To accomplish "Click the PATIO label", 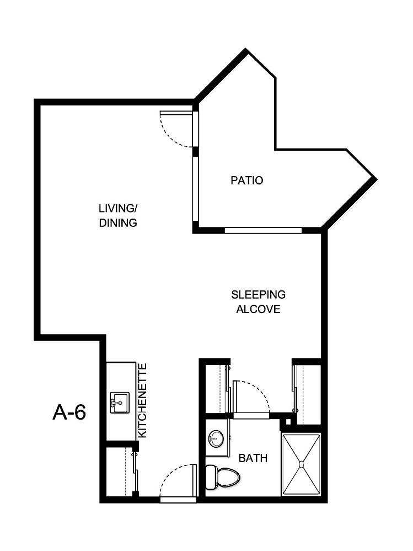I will pyautogui.click(x=246, y=181).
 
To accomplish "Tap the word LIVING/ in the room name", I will pyautogui.click(x=117, y=209).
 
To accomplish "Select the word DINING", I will pyautogui.click(x=117, y=223).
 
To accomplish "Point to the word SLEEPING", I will pyautogui.click(x=258, y=294).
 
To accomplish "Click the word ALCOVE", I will pyautogui.click(x=258, y=309).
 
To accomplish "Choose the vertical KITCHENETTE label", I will pyautogui.click(x=142, y=400).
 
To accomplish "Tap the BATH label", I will pyautogui.click(x=253, y=458).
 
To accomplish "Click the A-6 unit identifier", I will pyautogui.click(x=69, y=412).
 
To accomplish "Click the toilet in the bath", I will pyautogui.click(x=222, y=476).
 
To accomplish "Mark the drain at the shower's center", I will pyautogui.click(x=301, y=465).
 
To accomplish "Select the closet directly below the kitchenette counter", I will pyautogui.click(x=121, y=471).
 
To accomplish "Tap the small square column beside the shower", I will pyautogui.click(x=286, y=423).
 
